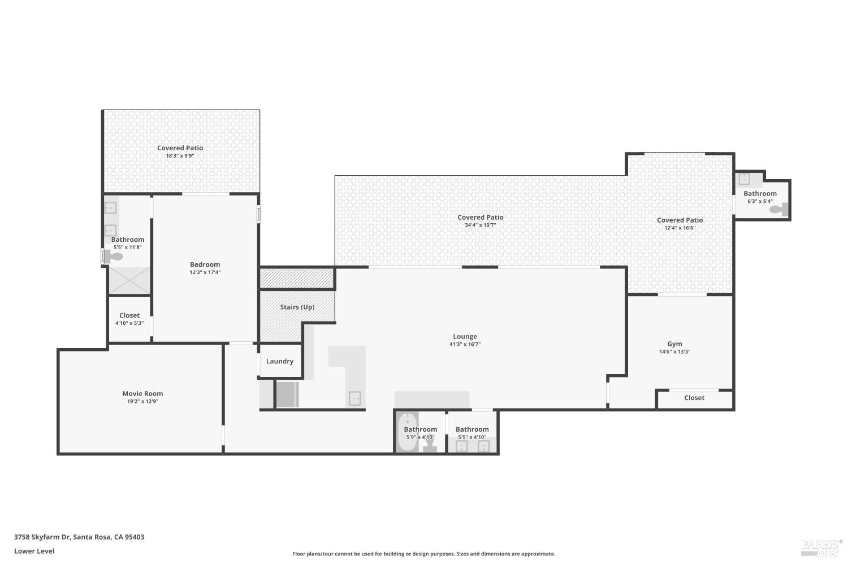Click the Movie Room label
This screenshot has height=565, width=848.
click(x=142, y=394)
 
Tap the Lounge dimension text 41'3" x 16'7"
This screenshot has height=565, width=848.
click(x=465, y=344)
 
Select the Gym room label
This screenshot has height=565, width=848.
click(x=674, y=344)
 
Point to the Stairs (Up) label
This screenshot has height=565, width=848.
click(x=297, y=307)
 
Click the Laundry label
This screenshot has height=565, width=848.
click(x=279, y=361)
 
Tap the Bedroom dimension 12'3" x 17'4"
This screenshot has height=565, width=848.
click(x=205, y=272)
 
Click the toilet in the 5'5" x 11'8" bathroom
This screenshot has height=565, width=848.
click(x=114, y=257)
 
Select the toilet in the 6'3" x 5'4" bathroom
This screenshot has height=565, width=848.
click(x=780, y=210)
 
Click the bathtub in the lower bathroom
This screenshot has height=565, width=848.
click(x=406, y=433)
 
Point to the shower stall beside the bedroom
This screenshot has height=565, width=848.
click(x=129, y=281)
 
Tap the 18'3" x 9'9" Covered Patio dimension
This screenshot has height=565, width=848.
click(x=180, y=156)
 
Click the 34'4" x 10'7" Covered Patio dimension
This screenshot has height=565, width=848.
click(x=480, y=225)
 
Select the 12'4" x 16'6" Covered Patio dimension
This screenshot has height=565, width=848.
click(x=680, y=228)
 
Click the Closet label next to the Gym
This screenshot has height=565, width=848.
click(x=694, y=398)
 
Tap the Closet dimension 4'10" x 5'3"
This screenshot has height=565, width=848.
click(x=129, y=323)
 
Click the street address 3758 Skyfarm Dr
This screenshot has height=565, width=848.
click(x=79, y=537)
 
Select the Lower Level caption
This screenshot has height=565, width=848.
click(x=34, y=551)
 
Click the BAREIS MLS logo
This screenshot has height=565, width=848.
click(x=821, y=547)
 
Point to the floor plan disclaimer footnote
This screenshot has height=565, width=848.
click(x=423, y=554)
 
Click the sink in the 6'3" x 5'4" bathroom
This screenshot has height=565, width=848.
click(x=745, y=179)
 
